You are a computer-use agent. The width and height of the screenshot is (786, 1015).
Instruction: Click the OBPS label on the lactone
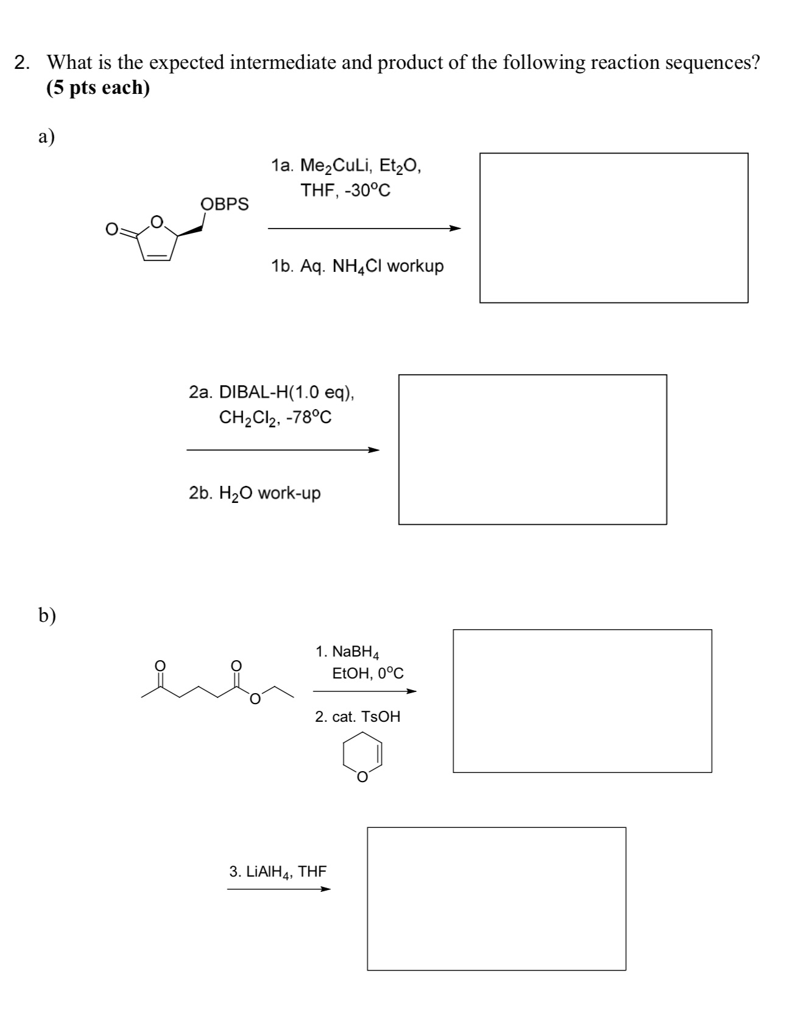[x=225, y=204]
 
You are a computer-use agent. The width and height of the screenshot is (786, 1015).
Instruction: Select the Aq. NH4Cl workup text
[x=357, y=266]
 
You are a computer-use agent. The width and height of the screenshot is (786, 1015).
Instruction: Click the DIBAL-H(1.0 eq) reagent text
[x=272, y=392]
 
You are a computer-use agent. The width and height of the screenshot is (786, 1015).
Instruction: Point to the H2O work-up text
[x=255, y=493]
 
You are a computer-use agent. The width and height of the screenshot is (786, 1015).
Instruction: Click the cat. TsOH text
[x=358, y=717]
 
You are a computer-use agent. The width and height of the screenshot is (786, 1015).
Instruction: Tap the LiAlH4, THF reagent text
[x=278, y=872]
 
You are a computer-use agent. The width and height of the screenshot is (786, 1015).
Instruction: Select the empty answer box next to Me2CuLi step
[x=614, y=227]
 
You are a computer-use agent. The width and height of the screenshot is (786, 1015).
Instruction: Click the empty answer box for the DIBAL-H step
[x=533, y=449]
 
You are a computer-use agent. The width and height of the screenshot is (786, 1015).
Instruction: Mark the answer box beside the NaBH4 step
[x=582, y=700]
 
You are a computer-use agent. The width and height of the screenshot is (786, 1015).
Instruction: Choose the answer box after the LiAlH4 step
[x=496, y=898]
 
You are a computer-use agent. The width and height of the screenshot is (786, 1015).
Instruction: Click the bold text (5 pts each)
[x=97, y=88]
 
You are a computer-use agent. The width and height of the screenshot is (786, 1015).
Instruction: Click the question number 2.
[x=22, y=63]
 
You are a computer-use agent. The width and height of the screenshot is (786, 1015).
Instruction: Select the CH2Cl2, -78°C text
[x=275, y=418]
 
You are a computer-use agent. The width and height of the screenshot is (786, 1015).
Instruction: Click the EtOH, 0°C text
[x=367, y=674]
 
